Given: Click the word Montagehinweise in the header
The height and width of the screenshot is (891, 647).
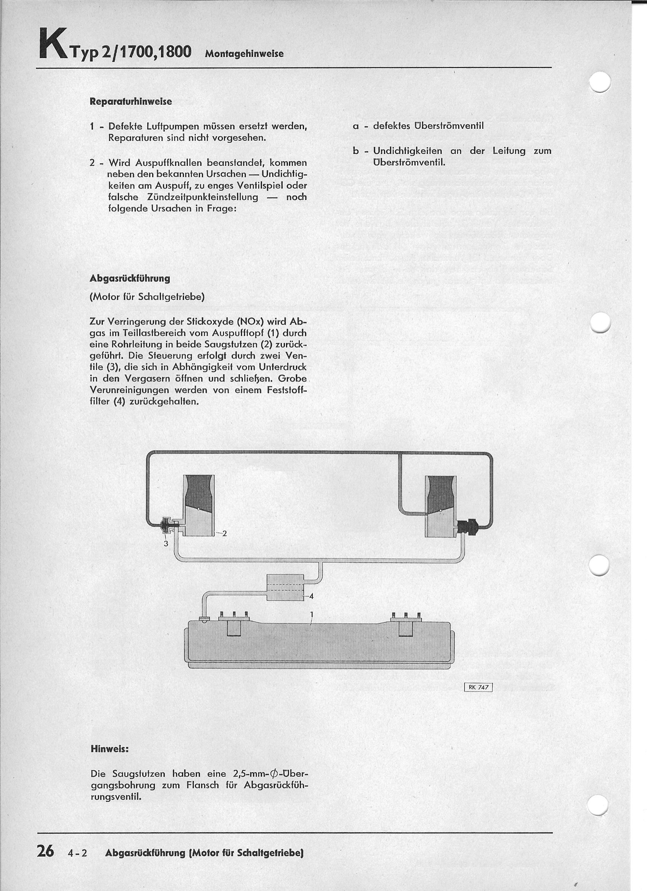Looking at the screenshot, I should click(244, 54).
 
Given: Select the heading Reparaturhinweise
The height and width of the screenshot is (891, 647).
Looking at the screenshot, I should click(130, 101).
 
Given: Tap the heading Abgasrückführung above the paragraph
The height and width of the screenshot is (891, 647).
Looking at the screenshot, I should click(130, 278).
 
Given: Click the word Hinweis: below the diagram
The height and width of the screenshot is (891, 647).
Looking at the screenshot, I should click(110, 749).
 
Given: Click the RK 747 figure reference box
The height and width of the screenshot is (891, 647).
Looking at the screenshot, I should click(478, 687).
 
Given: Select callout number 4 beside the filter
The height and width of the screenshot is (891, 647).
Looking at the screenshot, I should click(311, 596).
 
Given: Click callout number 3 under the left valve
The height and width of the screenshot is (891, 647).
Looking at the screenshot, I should click(166, 544).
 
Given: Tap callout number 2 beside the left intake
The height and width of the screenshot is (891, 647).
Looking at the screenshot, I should click(224, 533).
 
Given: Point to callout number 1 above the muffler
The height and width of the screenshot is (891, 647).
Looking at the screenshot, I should click(311, 614).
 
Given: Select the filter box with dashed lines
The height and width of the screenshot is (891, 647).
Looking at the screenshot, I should click(285, 587).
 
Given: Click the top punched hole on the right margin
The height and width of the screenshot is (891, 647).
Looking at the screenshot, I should click(600, 82).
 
